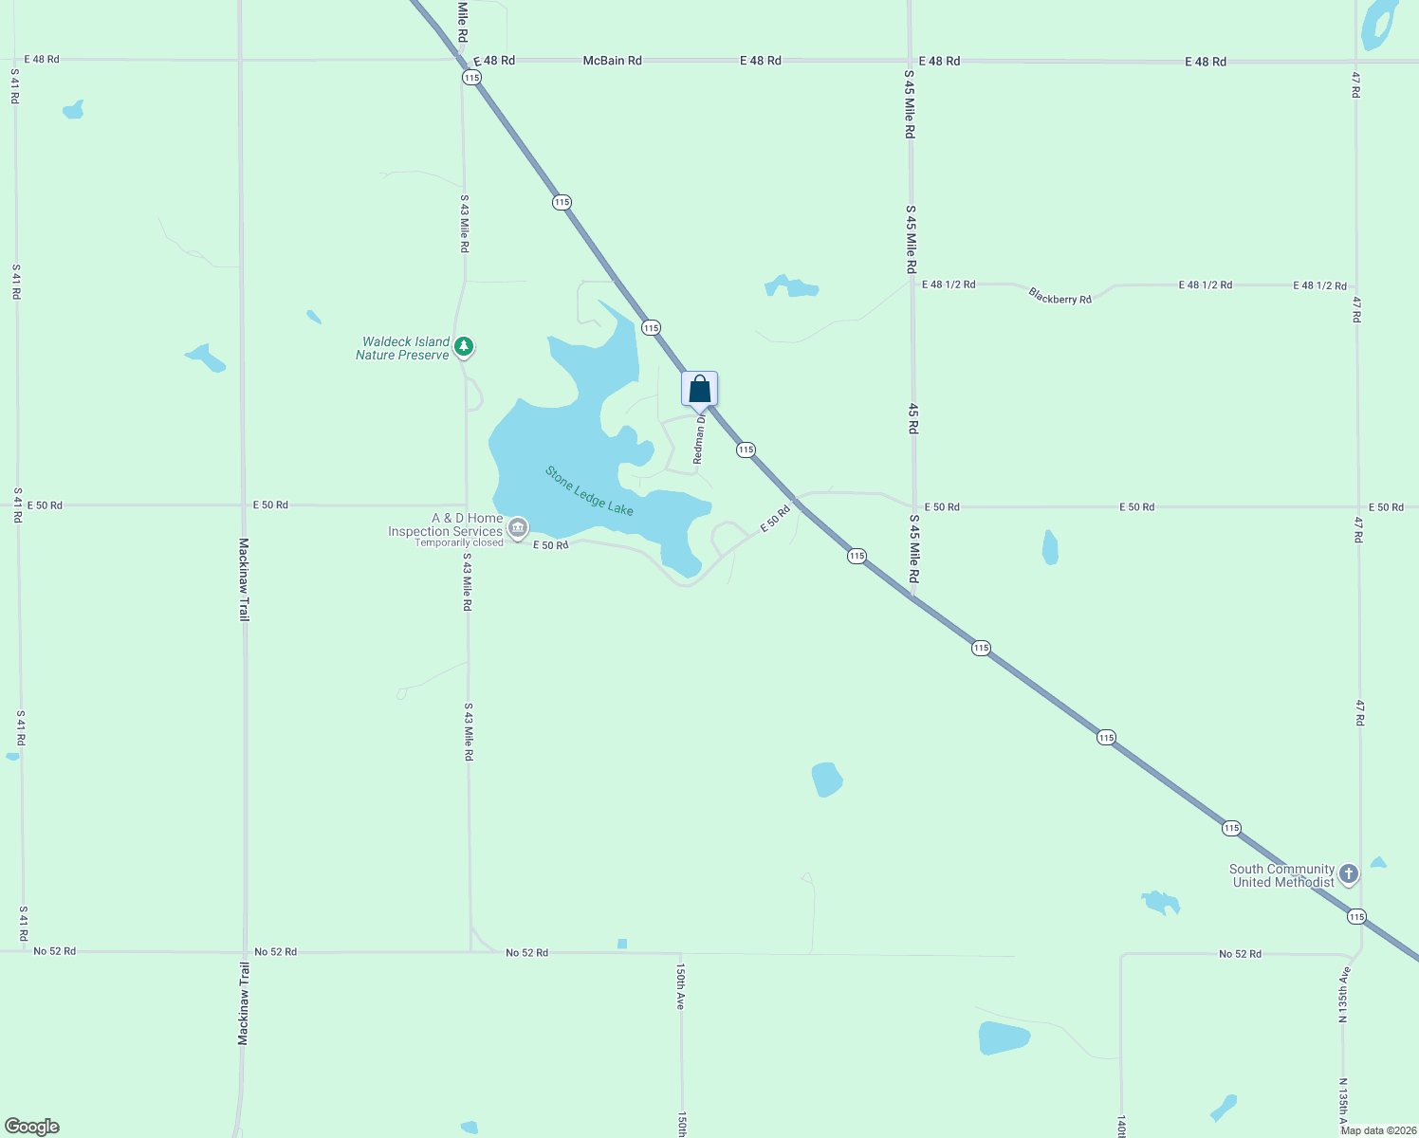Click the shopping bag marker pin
[699, 389]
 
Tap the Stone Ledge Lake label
[589, 490]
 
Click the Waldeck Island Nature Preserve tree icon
[464, 347]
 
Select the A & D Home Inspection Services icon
[518, 528]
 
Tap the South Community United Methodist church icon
[1349, 874]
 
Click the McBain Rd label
[612, 61]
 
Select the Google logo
[31, 1127]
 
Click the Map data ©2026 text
[1377, 1130]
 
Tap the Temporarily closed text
[459, 543]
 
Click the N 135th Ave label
[1343, 996]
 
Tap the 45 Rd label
[912, 417]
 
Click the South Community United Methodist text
[1282, 875]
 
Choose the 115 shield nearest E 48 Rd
[471, 77]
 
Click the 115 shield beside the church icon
[1356, 916]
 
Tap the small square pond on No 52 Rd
[622, 944]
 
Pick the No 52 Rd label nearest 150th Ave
[526, 952]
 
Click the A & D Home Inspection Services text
[446, 524]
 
